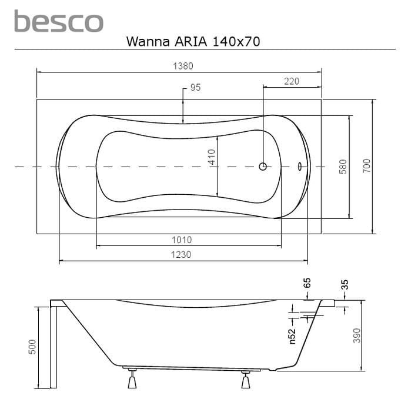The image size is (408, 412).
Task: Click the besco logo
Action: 59,21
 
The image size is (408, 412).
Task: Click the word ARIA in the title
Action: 191,42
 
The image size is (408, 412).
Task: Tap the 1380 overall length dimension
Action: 183,66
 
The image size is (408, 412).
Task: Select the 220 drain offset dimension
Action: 292,81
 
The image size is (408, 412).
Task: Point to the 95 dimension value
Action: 195,88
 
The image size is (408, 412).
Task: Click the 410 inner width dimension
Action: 212,157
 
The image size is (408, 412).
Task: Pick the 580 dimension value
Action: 343,167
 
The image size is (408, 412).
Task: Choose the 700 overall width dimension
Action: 366,166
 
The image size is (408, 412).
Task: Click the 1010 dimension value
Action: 182,240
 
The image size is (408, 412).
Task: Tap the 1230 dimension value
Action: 181,255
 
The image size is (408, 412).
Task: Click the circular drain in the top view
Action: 263,167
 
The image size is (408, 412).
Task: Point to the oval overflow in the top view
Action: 300,167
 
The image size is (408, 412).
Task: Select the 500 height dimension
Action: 32,347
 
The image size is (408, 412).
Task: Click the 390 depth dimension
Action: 357,335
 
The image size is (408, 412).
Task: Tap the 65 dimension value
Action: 307,283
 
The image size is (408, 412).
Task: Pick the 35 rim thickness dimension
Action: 345,284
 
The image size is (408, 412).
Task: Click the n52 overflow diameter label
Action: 292,336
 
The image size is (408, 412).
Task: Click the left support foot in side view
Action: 132,378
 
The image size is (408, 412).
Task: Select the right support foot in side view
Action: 245,380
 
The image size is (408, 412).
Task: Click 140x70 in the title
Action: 236,42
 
